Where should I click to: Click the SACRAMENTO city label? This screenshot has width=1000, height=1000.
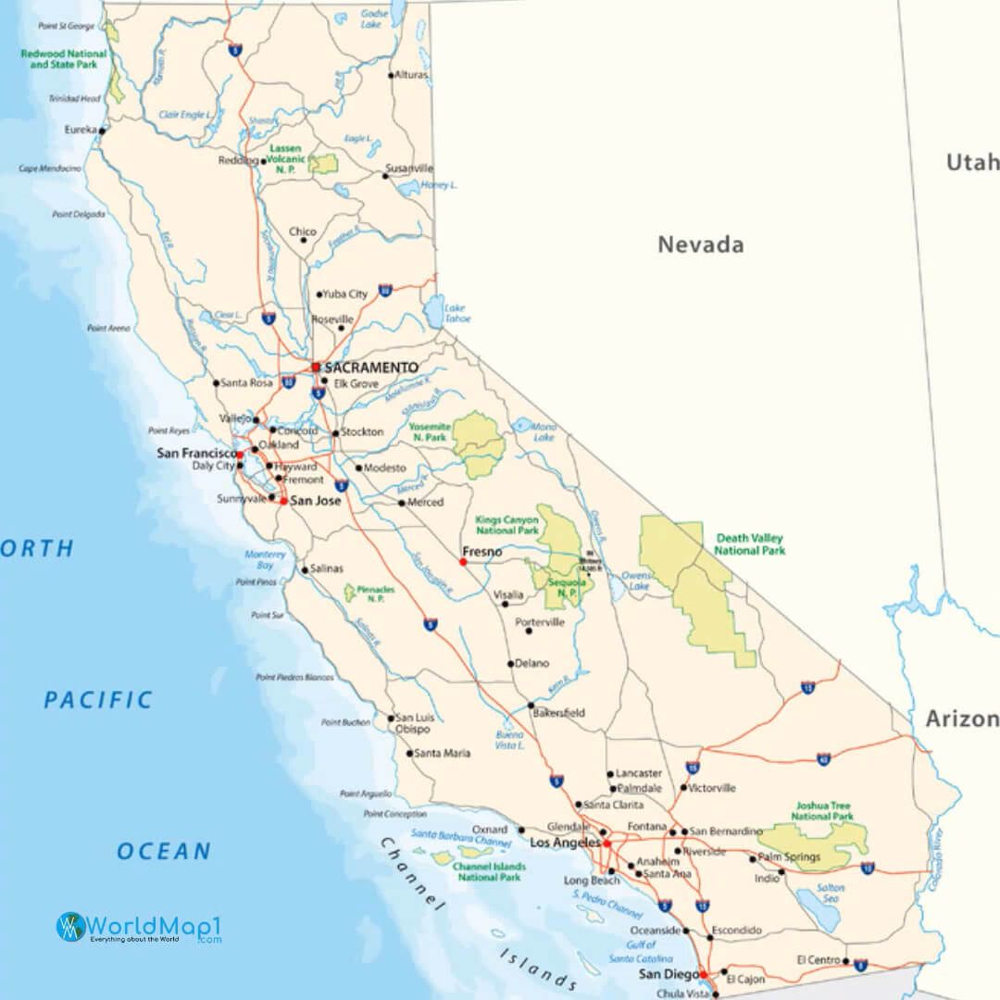tap(370, 368)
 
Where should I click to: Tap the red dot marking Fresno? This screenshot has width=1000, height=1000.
tap(463, 562)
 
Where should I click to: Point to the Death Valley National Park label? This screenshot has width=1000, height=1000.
tap(749, 544)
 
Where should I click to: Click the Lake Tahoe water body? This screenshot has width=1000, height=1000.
tap(434, 312)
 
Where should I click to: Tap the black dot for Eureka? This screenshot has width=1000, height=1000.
tap(102, 131)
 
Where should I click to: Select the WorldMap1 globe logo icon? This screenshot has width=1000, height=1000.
tap(70, 927)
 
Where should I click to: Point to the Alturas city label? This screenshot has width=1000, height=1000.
tap(411, 75)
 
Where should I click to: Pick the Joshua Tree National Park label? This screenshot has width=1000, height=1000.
tap(822, 811)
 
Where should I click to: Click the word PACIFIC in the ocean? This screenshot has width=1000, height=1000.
tap(98, 700)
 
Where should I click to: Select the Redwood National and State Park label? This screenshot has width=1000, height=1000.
tap(64, 59)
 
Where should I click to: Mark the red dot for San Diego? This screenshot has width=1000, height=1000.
tap(703, 974)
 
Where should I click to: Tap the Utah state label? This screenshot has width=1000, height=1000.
tap(971, 163)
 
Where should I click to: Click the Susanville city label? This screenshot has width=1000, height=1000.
tap(411, 169)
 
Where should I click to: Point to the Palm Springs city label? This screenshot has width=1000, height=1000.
tap(789, 857)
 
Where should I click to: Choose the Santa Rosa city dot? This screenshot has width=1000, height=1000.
tap(216, 382)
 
